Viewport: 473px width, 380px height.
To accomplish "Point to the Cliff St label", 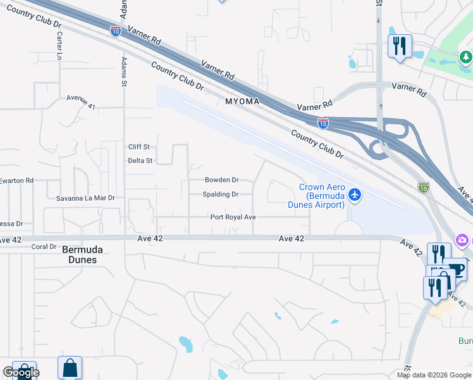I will pos(139,147).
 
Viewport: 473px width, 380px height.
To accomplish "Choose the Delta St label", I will pos(140,161).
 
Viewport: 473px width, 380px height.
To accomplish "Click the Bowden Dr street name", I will pos(221,180).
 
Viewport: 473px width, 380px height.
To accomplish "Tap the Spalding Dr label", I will pos(221,194).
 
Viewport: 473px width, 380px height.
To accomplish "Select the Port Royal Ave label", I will pos(233,217).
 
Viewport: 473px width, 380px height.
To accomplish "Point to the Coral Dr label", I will pos(44,247).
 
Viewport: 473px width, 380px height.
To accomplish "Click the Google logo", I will pos(21,372).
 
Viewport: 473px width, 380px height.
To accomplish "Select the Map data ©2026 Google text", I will pos(434,375).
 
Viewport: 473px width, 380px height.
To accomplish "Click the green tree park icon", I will pos(466,58).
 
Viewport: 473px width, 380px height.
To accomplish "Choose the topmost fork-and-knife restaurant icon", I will pos(400,46).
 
